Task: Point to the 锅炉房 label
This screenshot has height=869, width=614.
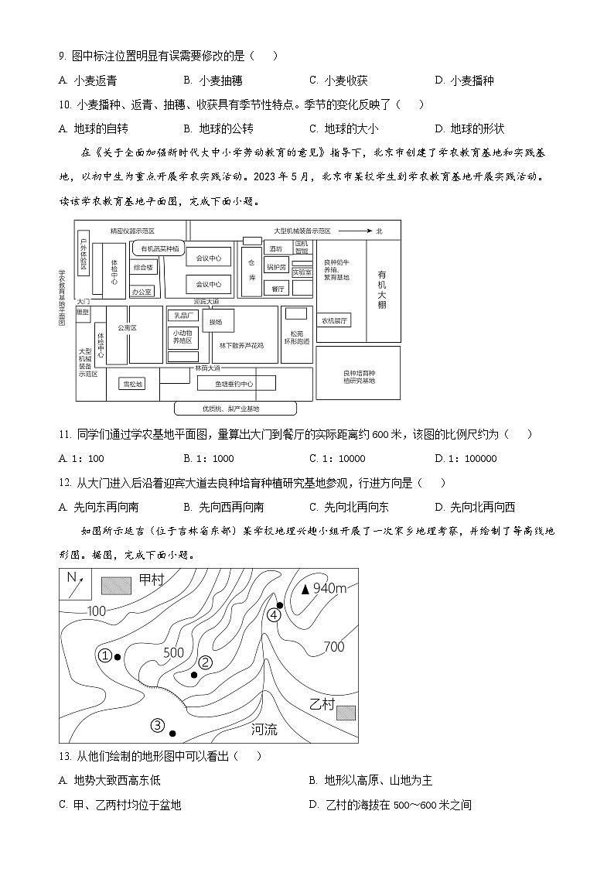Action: [277, 267]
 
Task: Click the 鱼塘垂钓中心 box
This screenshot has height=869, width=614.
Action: [235, 383]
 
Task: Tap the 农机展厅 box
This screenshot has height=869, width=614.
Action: [336, 320]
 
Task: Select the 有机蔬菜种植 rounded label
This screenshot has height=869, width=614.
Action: [160, 248]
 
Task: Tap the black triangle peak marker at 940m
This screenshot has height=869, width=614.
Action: [305, 589]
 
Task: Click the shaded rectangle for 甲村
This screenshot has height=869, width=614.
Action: [116, 585]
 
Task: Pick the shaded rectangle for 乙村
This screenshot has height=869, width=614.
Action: [345, 711]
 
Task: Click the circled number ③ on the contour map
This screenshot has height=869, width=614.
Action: [157, 725]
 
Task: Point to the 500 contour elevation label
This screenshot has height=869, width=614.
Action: [174, 652]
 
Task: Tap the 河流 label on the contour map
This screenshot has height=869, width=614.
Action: [264, 729]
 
